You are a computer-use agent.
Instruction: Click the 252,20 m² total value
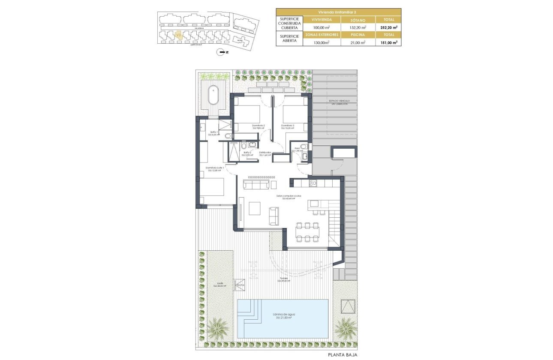coord(388,27)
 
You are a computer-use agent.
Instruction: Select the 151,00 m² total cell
coord(388,42)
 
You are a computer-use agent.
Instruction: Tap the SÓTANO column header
coord(358,20)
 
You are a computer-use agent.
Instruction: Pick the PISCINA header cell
coord(358,35)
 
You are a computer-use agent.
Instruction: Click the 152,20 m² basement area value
coord(358,27)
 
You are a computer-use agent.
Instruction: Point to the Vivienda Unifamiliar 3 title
coord(338,12)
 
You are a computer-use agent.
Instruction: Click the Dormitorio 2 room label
coord(258,126)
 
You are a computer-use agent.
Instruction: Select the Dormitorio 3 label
coord(288,126)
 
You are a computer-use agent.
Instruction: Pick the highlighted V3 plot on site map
coord(179,35)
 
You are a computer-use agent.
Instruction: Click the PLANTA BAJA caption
coord(343,354)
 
